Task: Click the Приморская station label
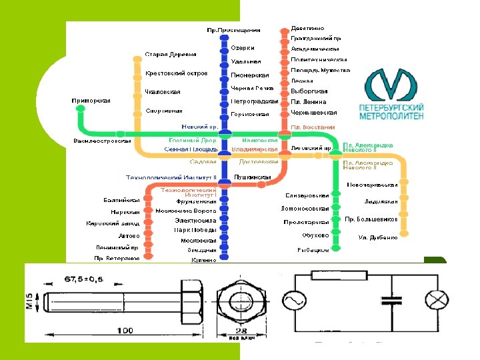pyautogui.click(x=92, y=101)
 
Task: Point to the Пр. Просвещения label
pyautogui.click(x=233, y=30)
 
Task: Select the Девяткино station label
pyautogui.click(x=308, y=28)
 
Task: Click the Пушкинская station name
pyautogui.click(x=255, y=177)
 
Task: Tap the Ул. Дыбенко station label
pyautogui.click(x=378, y=237)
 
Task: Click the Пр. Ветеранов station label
pyautogui.click(x=117, y=258)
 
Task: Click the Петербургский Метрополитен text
pyautogui.click(x=391, y=111)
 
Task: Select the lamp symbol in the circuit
pyautogui.click(x=437, y=302)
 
